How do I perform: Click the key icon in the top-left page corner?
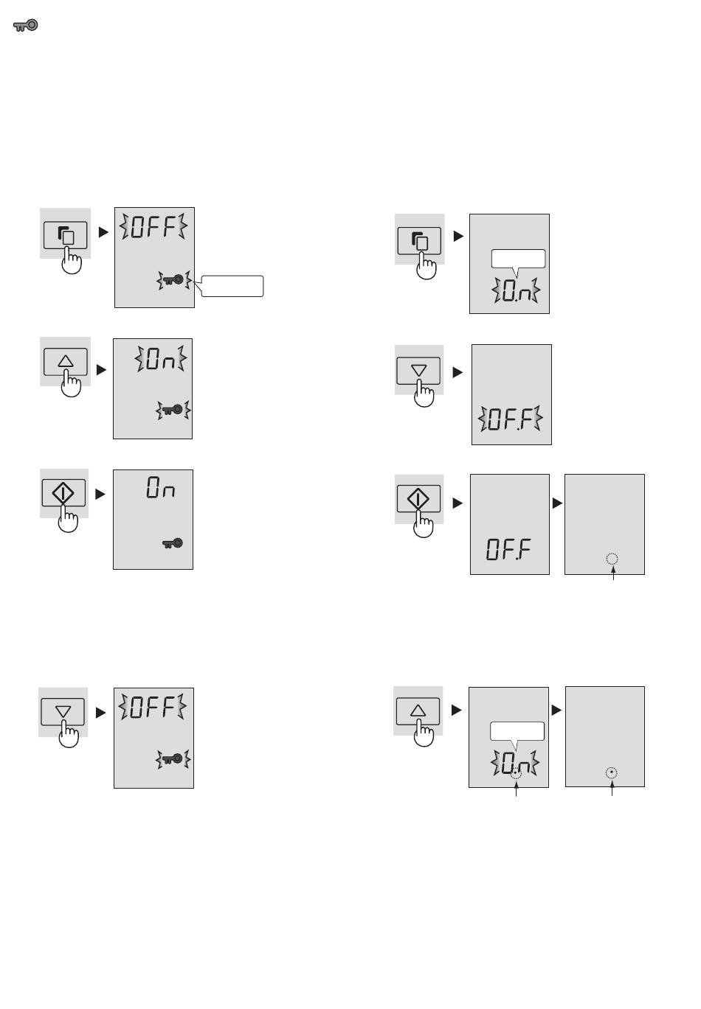point(25,26)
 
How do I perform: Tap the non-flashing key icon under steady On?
point(173,543)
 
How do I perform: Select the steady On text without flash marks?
point(160,488)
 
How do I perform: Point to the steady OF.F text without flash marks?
point(508,550)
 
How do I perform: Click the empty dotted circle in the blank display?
point(612,559)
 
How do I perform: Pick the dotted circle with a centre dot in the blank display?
point(611,772)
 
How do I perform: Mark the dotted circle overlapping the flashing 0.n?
point(516,773)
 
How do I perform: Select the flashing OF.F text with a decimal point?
point(510,419)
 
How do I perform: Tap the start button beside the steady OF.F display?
point(418,499)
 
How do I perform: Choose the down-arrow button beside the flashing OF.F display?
point(418,371)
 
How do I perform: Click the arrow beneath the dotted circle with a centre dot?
point(612,788)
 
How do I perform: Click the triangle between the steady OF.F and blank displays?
point(558,503)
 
